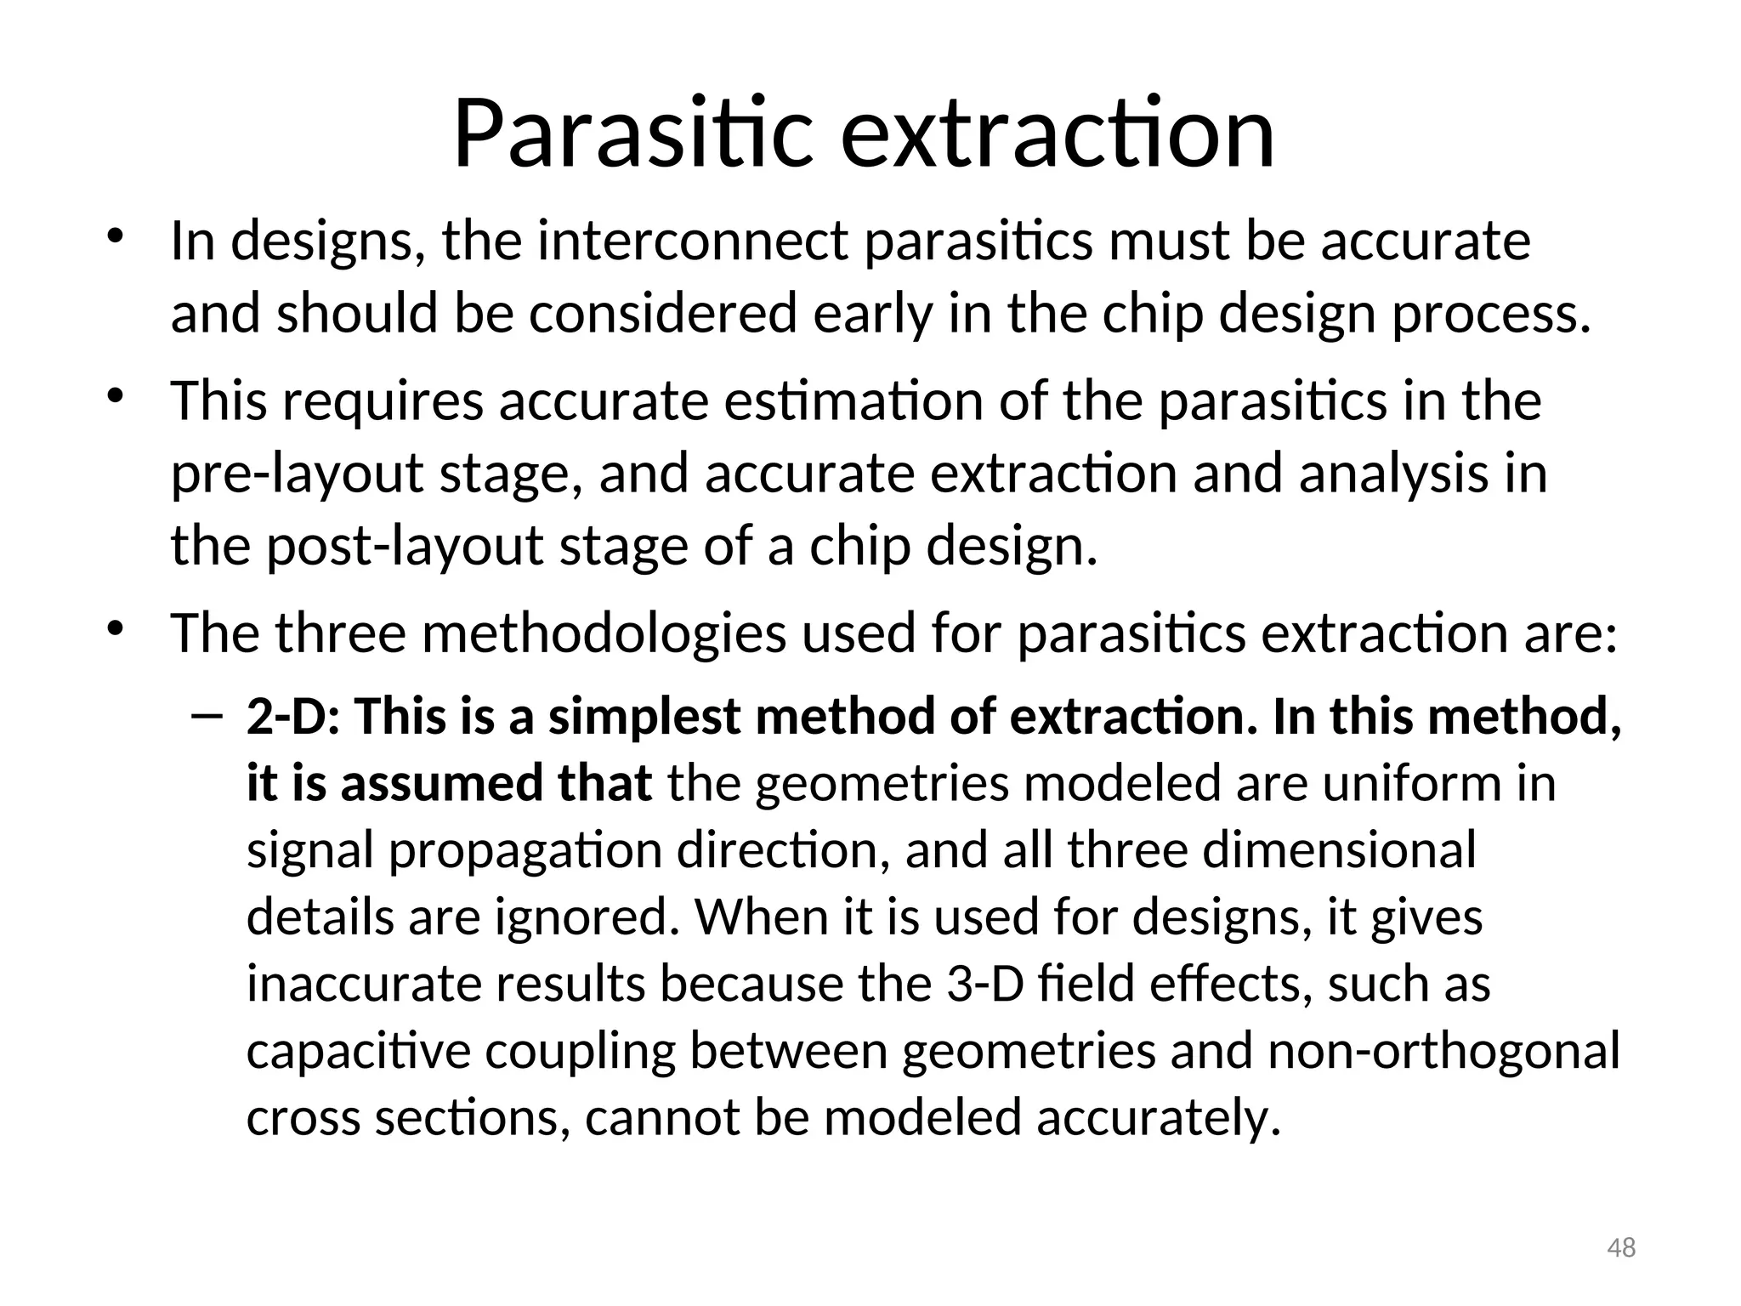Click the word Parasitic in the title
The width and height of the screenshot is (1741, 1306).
pos(632,134)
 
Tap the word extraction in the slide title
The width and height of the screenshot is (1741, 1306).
pos(1058,134)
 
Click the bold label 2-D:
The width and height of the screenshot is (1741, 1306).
pos(292,717)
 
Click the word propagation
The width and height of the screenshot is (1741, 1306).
pos(525,850)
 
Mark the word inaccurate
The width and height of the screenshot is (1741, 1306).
pos(363,984)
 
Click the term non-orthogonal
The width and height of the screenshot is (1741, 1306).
pos(1443,1051)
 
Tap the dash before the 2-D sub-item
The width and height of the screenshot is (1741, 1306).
pos(206,716)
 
